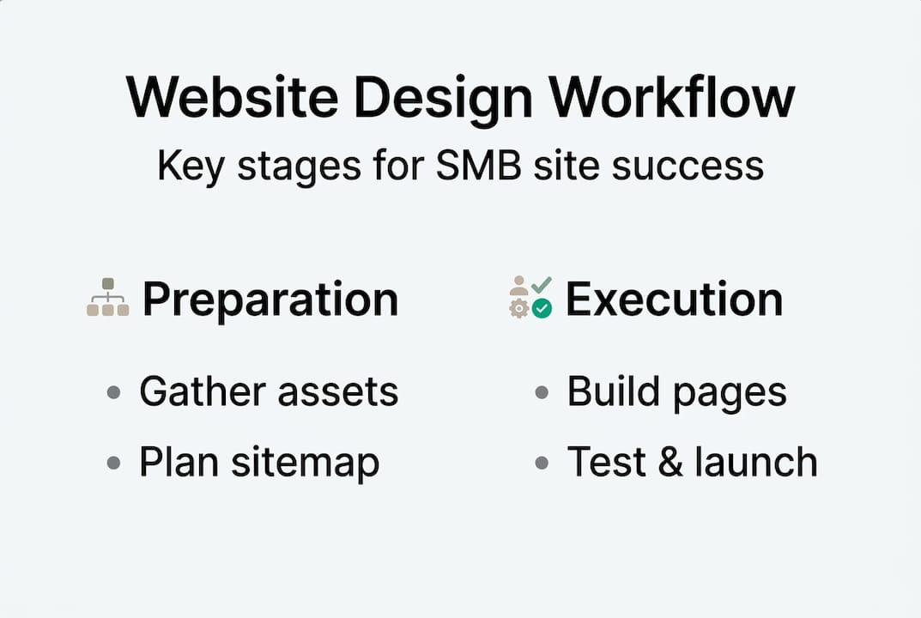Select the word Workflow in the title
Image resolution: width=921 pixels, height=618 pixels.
672,97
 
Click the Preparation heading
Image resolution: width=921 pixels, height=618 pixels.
270,299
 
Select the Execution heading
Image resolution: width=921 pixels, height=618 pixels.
674,299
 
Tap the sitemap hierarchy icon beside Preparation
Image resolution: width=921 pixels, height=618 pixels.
108,298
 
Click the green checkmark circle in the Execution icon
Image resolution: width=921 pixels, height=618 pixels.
542,308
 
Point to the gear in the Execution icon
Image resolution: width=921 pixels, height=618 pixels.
518,309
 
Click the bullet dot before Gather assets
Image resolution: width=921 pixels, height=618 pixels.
113,392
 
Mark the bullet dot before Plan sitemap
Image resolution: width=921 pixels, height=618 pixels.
113,463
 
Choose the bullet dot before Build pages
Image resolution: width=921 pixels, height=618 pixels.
542,392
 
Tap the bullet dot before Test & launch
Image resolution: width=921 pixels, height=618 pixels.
542,463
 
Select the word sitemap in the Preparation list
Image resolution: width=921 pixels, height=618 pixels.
306,463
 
